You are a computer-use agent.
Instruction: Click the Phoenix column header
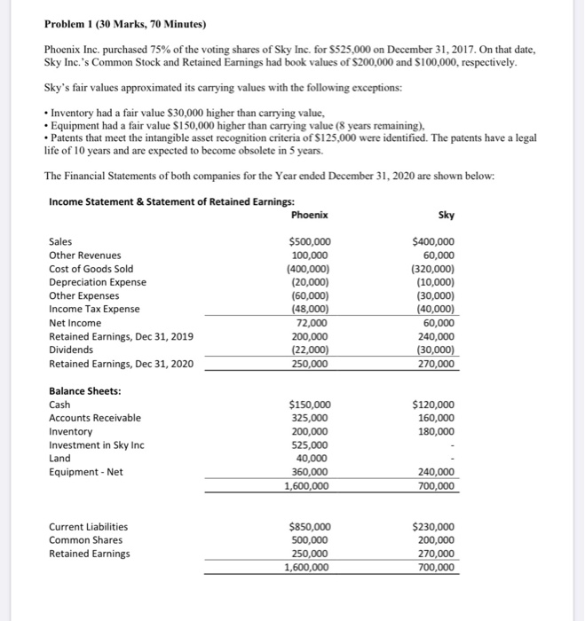coord(310,214)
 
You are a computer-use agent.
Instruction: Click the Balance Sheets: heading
coord(85,390)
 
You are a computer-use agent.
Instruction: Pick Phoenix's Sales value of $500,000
coord(311,241)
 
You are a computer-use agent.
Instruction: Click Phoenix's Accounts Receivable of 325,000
coord(312,418)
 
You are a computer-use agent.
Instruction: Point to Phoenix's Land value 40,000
coord(315,459)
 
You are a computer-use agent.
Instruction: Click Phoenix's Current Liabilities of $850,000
coord(311,526)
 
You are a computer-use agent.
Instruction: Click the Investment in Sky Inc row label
coord(96,444)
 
